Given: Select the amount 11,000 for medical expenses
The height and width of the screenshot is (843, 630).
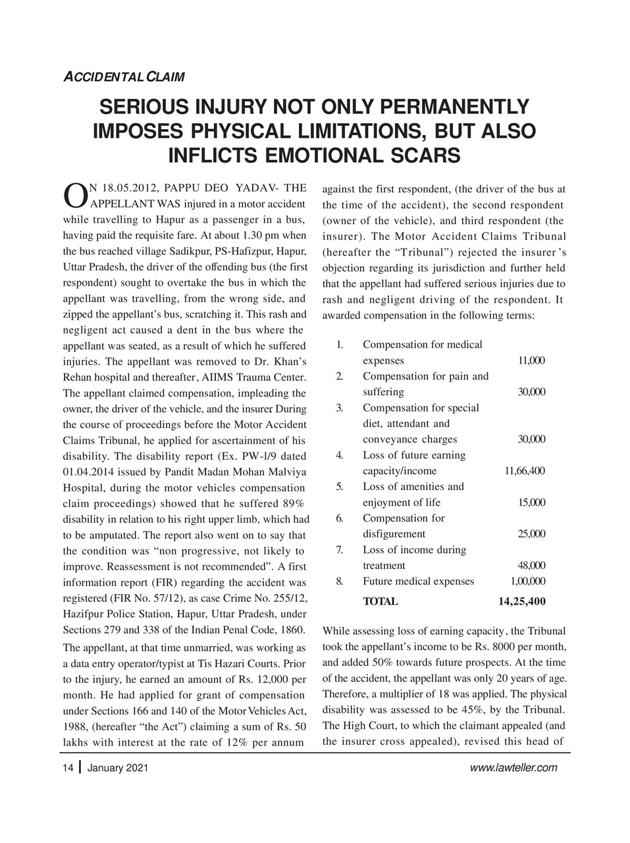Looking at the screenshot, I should pyautogui.click(x=531, y=361).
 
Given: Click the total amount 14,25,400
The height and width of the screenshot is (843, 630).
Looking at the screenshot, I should pyautogui.click(x=521, y=601).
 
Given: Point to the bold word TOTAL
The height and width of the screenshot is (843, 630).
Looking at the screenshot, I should pyautogui.click(x=381, y=601).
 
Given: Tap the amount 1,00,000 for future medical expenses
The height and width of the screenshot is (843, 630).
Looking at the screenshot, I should pyautogui.click(x=527, y=582).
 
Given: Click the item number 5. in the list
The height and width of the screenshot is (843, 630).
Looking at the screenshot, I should pyautogui.click(x=339, y=487).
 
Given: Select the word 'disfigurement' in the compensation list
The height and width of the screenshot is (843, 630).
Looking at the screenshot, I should pyautogui.click(x=394, y=534).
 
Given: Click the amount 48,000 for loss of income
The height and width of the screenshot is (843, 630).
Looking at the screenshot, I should pyautogui.click(x=531, y=566).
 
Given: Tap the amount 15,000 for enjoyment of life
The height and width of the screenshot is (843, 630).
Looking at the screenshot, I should pyautogui.click(x=531, y=503).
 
